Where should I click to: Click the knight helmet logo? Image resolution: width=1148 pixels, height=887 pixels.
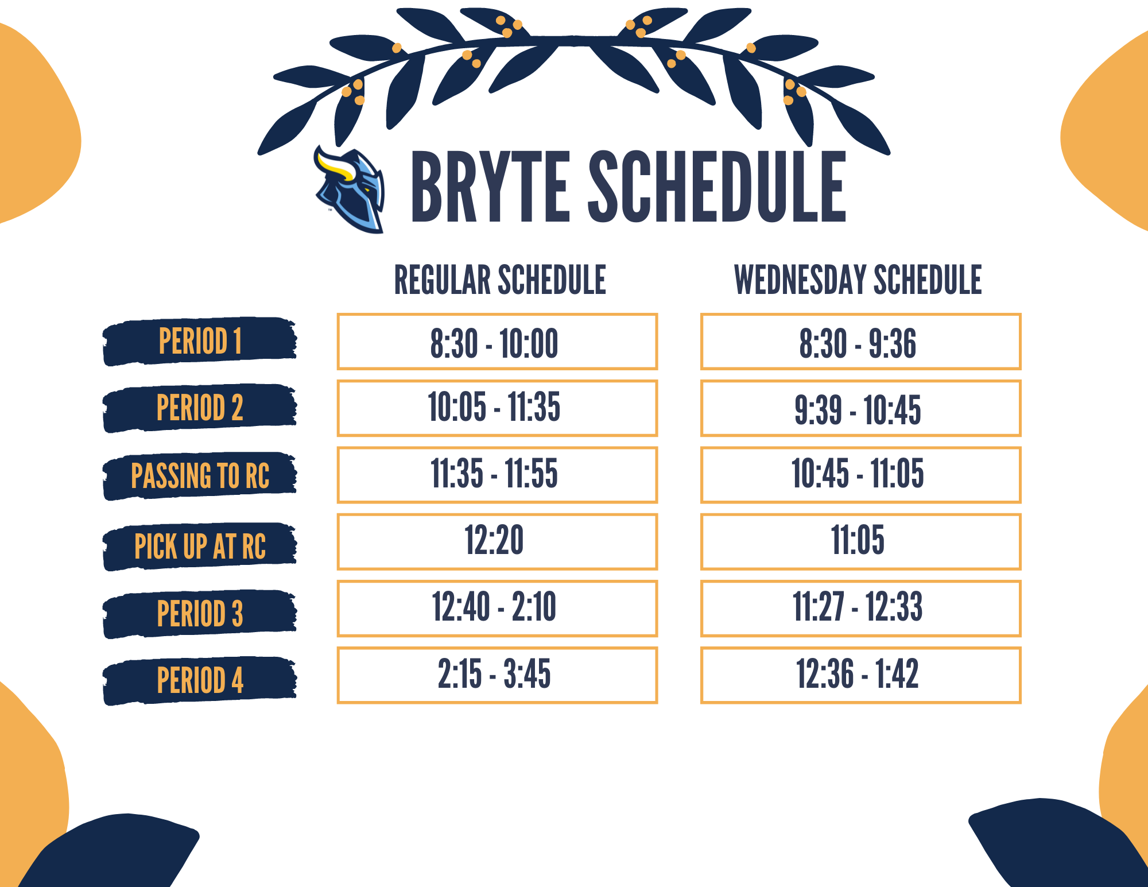[x=349, y=189]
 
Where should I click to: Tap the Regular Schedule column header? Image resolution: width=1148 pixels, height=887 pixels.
[x=500, y=280]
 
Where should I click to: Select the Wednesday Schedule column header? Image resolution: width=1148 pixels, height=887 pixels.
[x=858, y=280]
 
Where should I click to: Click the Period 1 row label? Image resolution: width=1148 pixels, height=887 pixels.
[x=200, y=341]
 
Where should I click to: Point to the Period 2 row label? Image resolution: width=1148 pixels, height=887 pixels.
[x=200, y=408]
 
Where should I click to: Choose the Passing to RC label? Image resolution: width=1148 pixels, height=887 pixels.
[x=200, y=475]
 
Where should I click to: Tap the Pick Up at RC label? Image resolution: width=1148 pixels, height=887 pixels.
[x=200, y=546]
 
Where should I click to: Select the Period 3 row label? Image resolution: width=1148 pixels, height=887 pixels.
[x=200, y=613]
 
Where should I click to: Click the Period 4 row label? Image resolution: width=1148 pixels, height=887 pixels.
[x=200, y=680]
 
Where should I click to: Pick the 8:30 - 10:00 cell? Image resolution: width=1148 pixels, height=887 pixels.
[x=497, y=342]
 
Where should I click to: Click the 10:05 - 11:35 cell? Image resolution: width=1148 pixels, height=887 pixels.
[x=497, y=408]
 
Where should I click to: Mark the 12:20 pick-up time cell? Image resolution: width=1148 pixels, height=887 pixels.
[x=497, y=541]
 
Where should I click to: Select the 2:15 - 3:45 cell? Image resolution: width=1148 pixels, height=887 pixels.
[x=497, y=675]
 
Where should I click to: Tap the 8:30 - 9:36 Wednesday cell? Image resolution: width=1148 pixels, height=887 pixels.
[x=860, y=342]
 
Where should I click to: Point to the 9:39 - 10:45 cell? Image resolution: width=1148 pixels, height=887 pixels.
[x=860, y=408]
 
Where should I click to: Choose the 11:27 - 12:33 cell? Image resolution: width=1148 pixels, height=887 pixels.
[x=860, y=609]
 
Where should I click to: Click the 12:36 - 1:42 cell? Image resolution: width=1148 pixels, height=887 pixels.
[x=860, y=675]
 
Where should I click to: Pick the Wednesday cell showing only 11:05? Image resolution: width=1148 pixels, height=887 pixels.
[x=860, y=541]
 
